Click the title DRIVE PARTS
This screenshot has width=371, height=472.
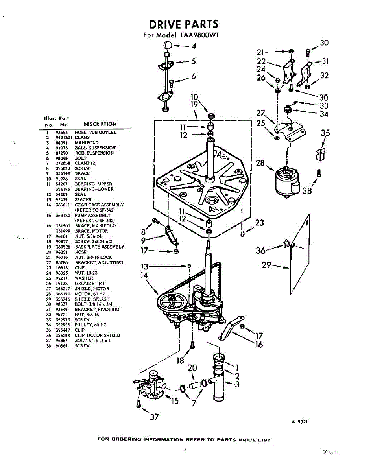point(183,24)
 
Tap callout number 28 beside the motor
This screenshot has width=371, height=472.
point(260,162)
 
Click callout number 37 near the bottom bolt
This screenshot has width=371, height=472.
point(154,417)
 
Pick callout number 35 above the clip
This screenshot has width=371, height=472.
point(325,133)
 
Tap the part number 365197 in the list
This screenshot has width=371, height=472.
point(63,293)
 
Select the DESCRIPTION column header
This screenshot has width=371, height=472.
point(100,124)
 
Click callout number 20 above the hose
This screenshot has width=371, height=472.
point(192,368)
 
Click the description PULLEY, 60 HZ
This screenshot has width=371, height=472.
point(90,325)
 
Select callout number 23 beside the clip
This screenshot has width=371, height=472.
point(259,223)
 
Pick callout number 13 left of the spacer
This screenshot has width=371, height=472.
point(145,266)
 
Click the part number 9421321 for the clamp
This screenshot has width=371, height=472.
point(63,138)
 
